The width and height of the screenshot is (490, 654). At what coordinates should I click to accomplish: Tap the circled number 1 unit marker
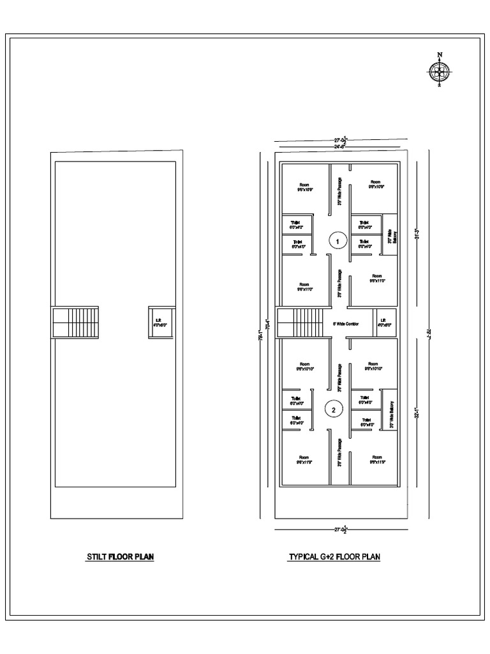point(338,241)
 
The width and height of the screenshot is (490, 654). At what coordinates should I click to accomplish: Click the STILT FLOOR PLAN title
point(121,557)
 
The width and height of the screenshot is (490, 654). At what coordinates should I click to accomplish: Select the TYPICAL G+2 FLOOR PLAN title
point(334,557)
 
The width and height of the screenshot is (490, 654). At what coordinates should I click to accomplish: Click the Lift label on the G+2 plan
point(383,322)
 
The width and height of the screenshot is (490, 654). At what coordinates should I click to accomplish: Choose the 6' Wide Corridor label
point(346,324)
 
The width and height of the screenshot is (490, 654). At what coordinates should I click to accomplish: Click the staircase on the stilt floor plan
point(76,323)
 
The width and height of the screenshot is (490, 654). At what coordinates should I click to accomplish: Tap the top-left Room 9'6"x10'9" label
point(304,186)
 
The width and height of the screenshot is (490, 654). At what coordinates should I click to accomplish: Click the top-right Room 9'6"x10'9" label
point(375,184)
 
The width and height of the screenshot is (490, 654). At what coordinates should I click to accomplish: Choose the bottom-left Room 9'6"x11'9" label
point(304,460)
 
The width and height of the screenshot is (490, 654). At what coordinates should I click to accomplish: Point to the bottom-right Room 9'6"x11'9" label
point(376,460)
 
